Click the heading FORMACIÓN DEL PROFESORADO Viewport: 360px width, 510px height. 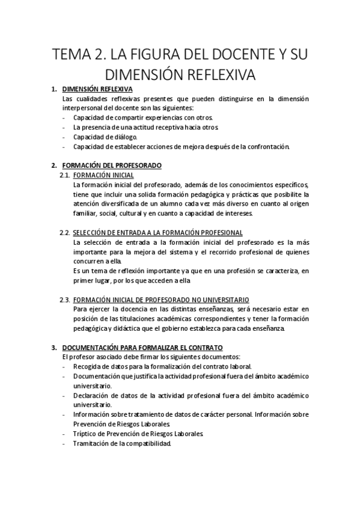[112, 165]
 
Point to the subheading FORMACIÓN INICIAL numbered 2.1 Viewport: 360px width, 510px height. [100, 174]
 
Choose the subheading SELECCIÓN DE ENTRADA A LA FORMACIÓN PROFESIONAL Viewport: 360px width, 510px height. [158, 232]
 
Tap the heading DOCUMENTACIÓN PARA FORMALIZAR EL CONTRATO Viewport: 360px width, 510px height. [142, 348]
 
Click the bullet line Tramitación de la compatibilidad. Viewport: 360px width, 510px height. [123, 444]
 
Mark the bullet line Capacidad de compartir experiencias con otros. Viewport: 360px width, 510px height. [139, 118]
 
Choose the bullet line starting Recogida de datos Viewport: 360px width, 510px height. [163, 366]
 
